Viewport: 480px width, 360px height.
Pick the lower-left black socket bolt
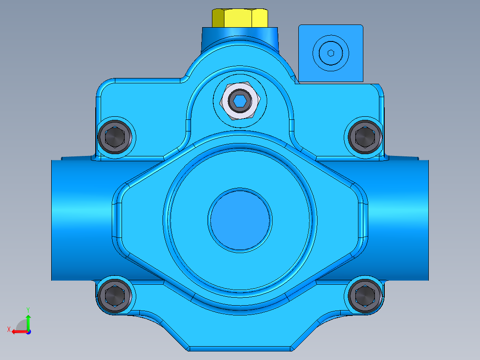[x=115, y=295]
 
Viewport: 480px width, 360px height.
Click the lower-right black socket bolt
[x=365, y=295]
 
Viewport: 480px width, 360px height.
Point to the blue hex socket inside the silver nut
[x=240, y=102]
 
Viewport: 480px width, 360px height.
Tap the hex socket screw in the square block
[x=331, y=53]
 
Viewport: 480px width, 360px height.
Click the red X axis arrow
[x=18, y=331]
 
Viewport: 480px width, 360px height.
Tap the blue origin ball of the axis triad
[x=28, y=331]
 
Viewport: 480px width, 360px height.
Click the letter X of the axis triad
[x=8, y=329]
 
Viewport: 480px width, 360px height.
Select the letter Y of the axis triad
[x=28, y=309]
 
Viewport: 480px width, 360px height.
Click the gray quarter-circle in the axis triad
[x=22, y=325]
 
